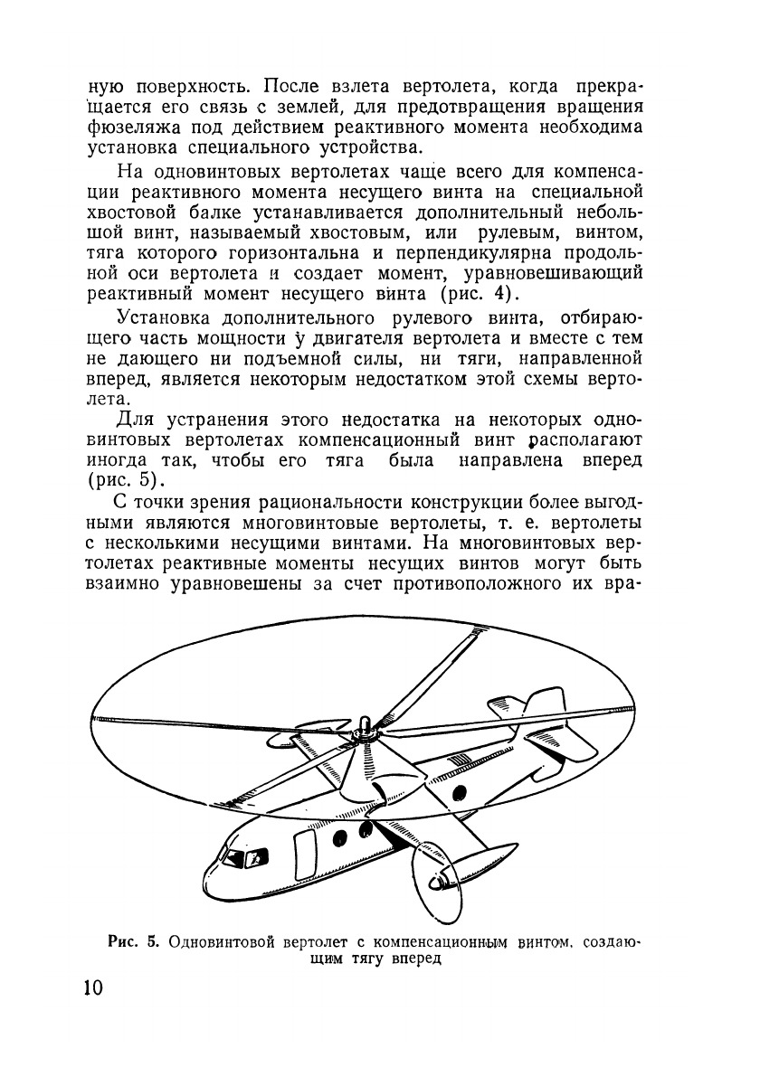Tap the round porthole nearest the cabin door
[x=340, y=837]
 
